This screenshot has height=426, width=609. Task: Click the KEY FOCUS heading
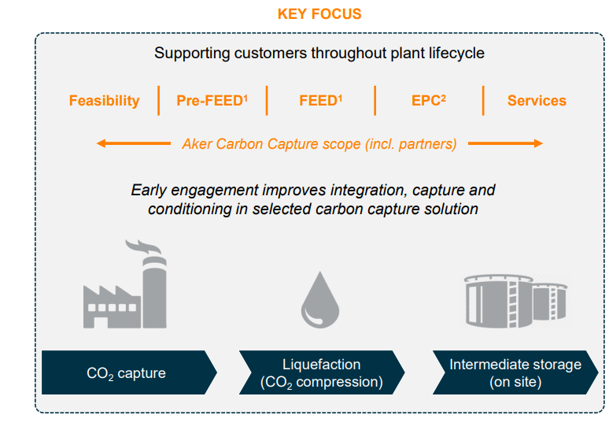point(319,14)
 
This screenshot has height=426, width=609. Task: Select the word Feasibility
point(104,101)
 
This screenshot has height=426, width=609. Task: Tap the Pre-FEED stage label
point(212,101)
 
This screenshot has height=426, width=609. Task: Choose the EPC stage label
point(428,101)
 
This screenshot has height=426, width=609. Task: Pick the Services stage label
point(537,101)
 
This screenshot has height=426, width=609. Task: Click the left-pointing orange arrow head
point(101,143)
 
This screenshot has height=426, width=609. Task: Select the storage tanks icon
point(515,298)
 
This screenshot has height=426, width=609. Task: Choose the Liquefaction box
point(321,372)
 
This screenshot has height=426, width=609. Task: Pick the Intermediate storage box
point(515,372)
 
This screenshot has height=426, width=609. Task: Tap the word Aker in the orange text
point(197,144)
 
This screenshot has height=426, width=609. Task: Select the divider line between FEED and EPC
point(375,101)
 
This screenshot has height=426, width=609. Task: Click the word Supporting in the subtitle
point(190,54)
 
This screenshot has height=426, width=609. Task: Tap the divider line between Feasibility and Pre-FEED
point(159,101)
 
